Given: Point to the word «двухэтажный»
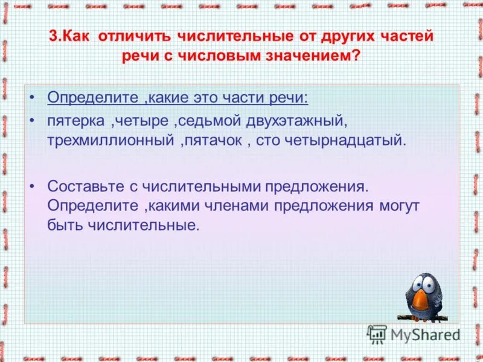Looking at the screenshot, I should (x=297, y=121).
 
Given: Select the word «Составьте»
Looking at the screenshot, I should (x=88, y=186).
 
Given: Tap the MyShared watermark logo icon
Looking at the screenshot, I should (x=377, y=333).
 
